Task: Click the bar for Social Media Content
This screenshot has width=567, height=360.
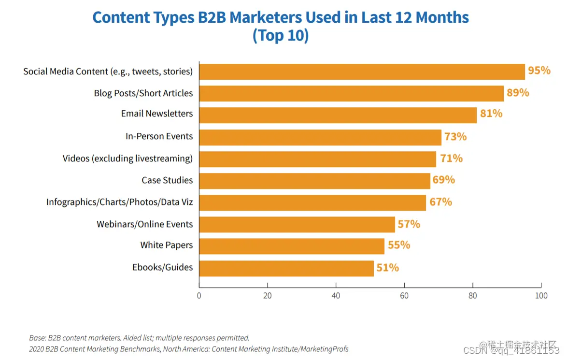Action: [x=362, y=72]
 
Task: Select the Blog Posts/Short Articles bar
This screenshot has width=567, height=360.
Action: [x=351, y=93]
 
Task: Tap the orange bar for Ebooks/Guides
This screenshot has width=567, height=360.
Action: [x=286, y=268]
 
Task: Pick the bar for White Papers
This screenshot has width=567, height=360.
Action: [x=292, y=246]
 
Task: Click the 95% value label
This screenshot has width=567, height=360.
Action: [x=539, y=71]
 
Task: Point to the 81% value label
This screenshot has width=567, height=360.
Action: [x=491, y=114]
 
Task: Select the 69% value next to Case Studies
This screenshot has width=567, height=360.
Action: [x=443, y=180]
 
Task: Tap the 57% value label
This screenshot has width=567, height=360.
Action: [x=409, y=224]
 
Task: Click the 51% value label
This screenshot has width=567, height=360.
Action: [x=387, y=268]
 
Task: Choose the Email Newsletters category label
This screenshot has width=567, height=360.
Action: [x=156, y=114]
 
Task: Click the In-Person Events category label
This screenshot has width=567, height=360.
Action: [x=159, y=136]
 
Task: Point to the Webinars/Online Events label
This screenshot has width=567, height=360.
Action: [x=144, y=224]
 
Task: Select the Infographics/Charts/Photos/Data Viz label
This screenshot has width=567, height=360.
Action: [x=119, y=202]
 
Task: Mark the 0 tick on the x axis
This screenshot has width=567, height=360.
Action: [x=199, y=296]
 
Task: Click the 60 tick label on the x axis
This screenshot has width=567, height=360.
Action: [x=404, y=296]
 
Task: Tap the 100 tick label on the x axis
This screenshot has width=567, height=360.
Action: [x=541, y=296]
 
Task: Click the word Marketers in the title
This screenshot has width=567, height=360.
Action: [x=265, y=18]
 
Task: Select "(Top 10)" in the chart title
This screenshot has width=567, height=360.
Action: [x=280, y=36]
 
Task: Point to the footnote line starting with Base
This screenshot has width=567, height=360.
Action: [x=139, y=338]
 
